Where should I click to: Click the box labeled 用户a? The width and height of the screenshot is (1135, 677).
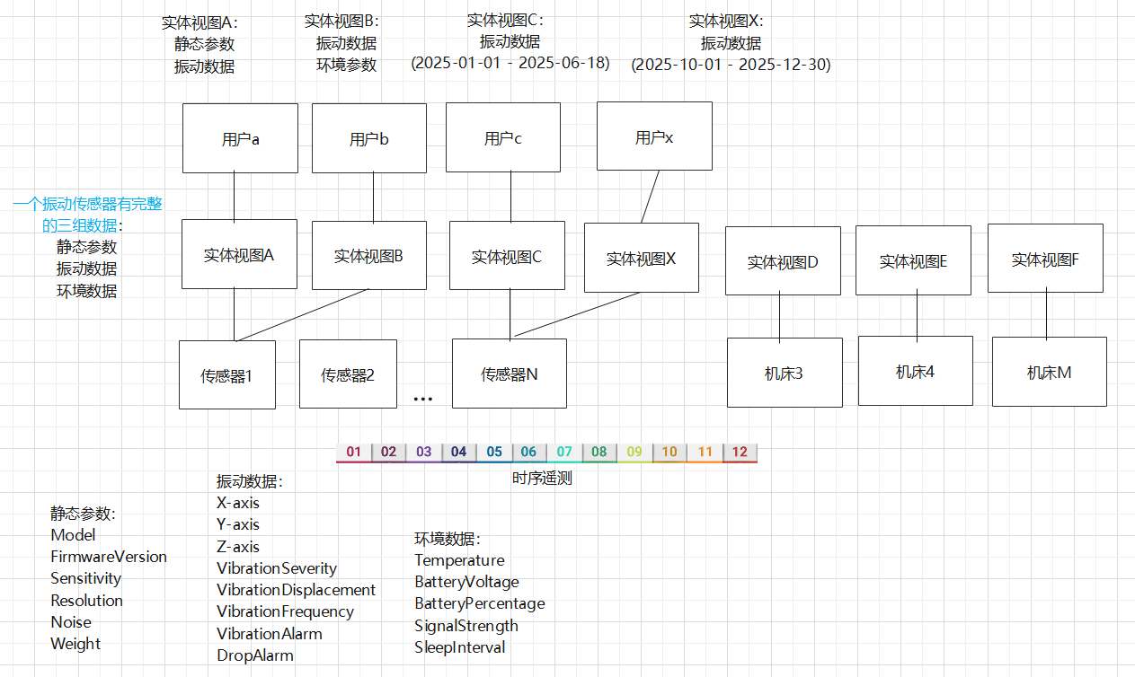[x=240, y=138]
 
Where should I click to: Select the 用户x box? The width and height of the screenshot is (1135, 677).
[x=654, y=136]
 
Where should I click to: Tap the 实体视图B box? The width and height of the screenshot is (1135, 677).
[x=368, y=256]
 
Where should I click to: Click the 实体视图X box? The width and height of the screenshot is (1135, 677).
[x=641, y=259]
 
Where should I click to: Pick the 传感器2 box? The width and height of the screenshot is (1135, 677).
[x=348, y=374]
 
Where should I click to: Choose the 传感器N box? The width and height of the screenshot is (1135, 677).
[x=510, y=374]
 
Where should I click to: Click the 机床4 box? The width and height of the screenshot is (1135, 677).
[x=915, y=371]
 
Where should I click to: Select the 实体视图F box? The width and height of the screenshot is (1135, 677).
[x=1044, y=259]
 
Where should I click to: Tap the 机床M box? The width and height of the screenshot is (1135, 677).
[x=1049, y=373]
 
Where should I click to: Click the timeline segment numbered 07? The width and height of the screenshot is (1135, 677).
[x=564, y=452]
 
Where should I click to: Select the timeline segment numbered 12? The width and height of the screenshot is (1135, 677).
[x=740, y=452]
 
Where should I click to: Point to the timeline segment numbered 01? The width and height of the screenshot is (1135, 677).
[x=354, y=452]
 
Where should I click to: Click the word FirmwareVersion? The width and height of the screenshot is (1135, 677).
[x=109, y=557]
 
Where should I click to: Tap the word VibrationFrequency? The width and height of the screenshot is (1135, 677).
[x=285, y=611]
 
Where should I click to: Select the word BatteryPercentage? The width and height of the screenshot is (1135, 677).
[x=479, y=603]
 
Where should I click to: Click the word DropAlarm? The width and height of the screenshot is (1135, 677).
[x=255, y=655]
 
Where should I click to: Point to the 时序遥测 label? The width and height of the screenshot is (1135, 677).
[x=542, y=479]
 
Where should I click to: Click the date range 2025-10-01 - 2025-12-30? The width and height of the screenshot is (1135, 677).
[x=731, y=65]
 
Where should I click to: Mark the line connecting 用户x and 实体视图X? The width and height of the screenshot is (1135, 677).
[x=651, y=197]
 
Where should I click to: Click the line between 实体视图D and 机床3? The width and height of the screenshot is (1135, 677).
[x=780, y=316]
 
